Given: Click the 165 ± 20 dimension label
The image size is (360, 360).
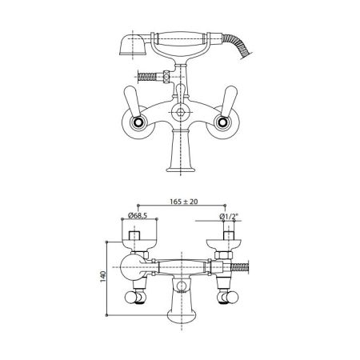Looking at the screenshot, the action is click(x=184, y=202).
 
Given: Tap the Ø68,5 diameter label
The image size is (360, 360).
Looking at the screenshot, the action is click(x=138, y=215).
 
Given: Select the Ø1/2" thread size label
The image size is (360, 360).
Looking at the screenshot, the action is click(x=229, y=217).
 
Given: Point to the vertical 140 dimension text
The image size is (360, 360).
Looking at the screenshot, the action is click(x=103, y=277).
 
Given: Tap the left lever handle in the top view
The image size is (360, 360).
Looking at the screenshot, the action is click(x=132, y=101).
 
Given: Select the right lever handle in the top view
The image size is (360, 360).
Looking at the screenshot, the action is click(x=230, y=101).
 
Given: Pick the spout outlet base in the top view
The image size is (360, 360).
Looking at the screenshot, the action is click(x=181, y=169).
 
